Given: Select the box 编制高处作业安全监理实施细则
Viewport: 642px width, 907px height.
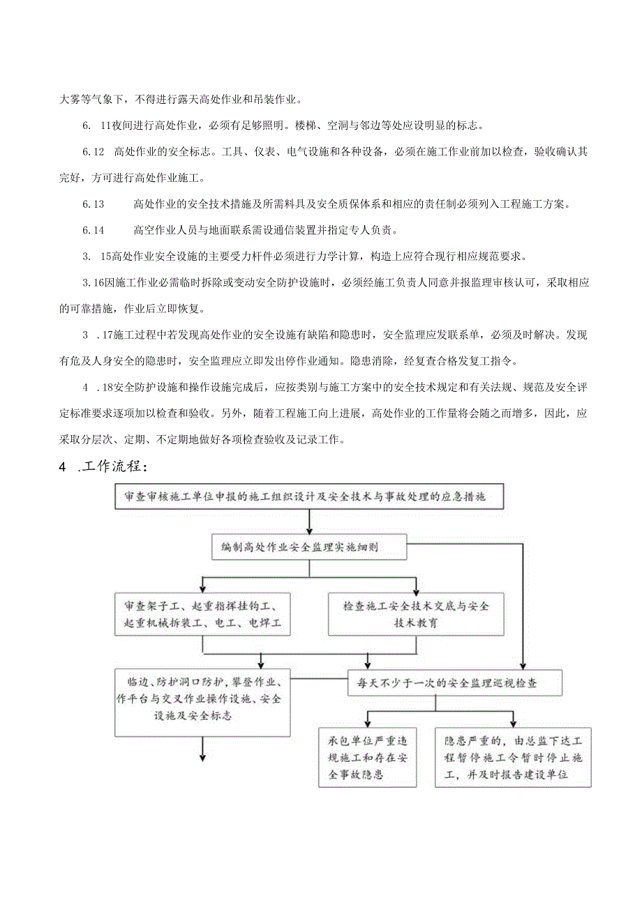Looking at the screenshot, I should click(309, 547).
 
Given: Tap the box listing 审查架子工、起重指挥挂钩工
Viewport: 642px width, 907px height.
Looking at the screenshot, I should click(202, 613).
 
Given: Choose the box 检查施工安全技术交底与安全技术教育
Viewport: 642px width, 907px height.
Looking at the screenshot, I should click(416, 614).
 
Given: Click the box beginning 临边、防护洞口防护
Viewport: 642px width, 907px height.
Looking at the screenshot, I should click(202, 701).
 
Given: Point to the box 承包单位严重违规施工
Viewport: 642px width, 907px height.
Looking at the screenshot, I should click(368, 756).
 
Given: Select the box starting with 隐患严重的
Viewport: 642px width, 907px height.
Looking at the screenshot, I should click(513, 756).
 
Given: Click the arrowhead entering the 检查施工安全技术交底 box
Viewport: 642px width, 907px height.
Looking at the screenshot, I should click(416, 588).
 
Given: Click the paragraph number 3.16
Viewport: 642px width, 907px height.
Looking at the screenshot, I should click(93, 282).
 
